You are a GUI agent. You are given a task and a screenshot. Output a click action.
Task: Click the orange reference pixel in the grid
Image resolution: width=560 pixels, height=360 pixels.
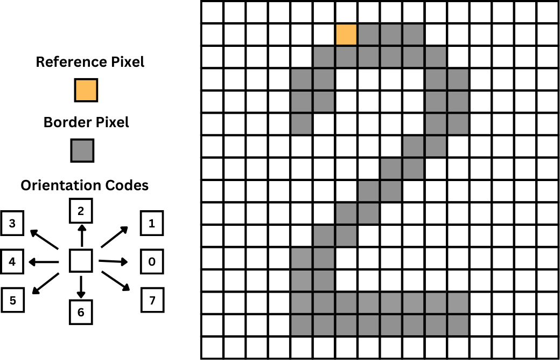pos(346,34)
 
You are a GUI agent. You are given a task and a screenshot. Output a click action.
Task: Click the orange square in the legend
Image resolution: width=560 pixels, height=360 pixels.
pos(86,89)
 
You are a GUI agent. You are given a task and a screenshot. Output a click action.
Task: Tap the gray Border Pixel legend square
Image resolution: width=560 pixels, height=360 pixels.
pos(82,150)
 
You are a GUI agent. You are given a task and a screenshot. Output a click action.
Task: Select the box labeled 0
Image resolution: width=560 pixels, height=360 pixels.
pos(152,261)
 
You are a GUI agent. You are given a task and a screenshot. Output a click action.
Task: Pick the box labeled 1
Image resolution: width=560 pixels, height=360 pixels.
pos(152,223)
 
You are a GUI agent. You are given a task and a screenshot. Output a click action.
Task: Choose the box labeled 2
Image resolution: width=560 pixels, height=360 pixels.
pos(81,211)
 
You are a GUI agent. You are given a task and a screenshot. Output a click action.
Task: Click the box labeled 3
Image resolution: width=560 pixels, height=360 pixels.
pos(12,224)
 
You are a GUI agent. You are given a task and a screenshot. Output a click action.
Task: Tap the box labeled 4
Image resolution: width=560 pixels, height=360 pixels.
pos(12,262)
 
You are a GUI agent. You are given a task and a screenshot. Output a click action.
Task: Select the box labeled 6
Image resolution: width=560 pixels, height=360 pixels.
pos(81,312)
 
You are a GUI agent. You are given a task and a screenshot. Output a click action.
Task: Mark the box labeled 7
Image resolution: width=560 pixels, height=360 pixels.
pos(152,300)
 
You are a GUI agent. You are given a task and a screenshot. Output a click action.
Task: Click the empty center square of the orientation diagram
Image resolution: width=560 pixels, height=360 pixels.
pos(81,261)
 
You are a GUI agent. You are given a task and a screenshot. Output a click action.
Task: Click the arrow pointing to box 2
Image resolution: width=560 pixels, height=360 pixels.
pos(81,236)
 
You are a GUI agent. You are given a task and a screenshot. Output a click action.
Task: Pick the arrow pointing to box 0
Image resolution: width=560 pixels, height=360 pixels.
pos(114,261)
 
